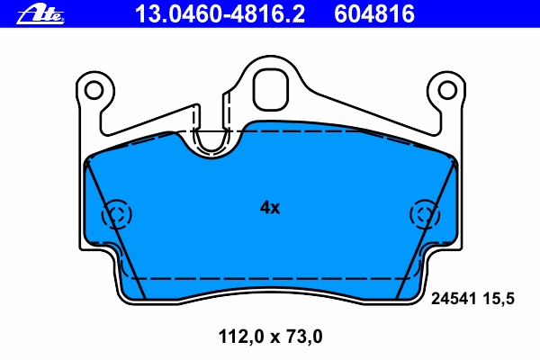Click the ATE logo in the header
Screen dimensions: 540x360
pos(40,14)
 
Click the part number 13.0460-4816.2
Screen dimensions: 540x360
pos(220,13)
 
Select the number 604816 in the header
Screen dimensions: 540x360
pos(374,13)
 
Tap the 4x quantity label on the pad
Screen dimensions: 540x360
pos(270,207)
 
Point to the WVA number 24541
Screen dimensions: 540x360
pos(454,298)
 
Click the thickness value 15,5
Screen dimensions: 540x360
pos(499,299)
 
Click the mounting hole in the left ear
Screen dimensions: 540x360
pos(94,90)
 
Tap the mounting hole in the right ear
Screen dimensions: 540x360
pos(447,90)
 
